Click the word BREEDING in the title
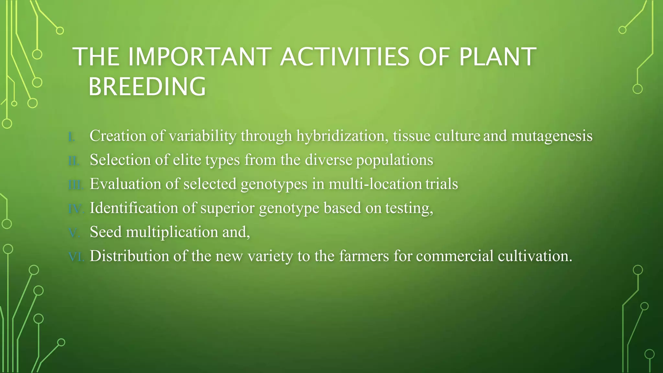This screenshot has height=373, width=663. click(x=147, y=87)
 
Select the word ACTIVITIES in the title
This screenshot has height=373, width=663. click(x=345, y=57)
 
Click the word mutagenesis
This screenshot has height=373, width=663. click(x=552, y=136)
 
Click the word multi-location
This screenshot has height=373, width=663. click(x=375, y=184)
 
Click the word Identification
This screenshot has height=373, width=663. click(x=134, y=208)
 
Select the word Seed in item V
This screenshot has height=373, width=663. click(x=106, y=232)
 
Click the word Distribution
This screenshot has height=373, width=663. click(x=129, y=256)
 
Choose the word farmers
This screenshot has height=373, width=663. click(x=364, y=256)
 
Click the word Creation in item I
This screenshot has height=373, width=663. click(x=118, y=136)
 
